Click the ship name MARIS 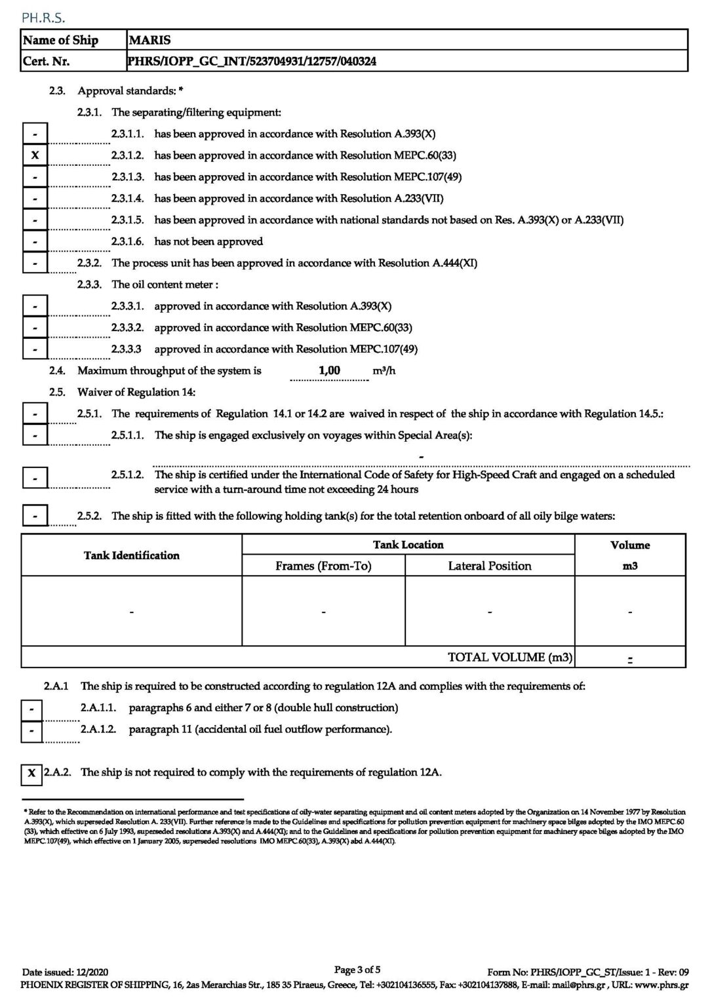[150, 40]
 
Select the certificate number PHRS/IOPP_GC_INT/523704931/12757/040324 [252, 62]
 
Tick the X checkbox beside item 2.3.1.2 [35, 155]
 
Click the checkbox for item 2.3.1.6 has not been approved [35, 242]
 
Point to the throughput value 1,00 [329, 370]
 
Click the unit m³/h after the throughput [384, 371]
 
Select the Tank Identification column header [132, 555]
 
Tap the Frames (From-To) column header [323, 566]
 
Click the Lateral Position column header [490, 566]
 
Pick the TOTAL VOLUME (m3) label [509, 657]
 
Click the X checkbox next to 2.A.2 [31, 774]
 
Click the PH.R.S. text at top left [43, 17]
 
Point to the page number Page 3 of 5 [357, 970]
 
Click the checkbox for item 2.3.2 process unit [35, 264]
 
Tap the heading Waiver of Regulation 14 [136, 392]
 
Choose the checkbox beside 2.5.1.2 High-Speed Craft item [35, 478]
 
